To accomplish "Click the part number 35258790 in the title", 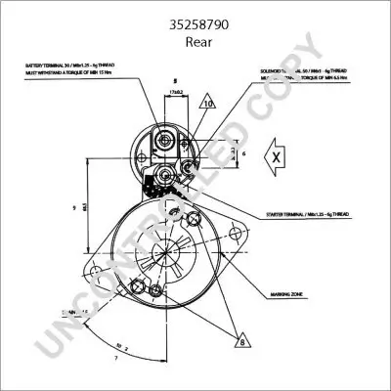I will pos(195,15).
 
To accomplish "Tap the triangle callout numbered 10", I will pos(208,102).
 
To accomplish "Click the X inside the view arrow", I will pos(277,157).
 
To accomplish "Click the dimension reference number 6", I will pos(243,153).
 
